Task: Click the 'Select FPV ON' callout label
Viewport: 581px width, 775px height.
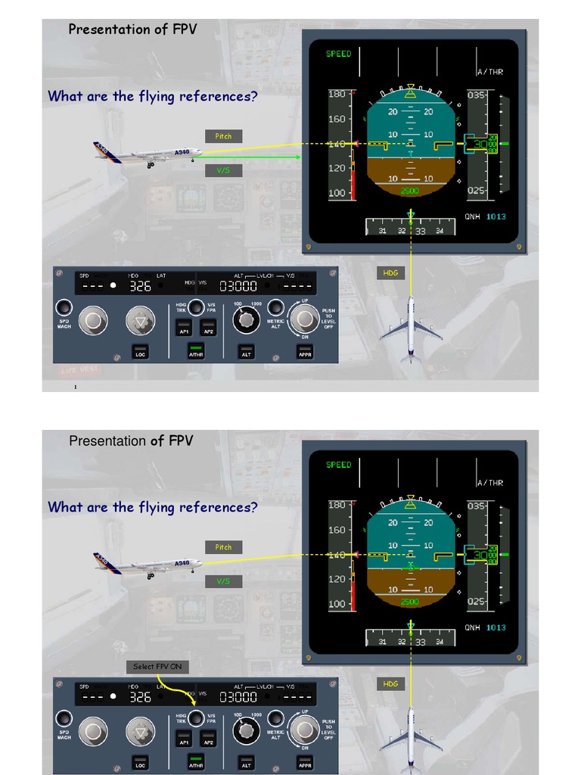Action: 157,666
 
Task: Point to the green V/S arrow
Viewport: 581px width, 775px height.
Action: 250,157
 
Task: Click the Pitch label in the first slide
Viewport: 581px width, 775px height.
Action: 223,136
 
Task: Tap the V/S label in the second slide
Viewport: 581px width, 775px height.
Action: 223,581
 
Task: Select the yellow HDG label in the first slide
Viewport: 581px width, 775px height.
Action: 390,272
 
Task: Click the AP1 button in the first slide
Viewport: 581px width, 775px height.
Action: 183,328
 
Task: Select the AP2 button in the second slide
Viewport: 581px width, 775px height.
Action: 209,739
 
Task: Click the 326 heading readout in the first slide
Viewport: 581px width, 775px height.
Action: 140,286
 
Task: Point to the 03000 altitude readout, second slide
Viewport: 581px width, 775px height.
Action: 238,697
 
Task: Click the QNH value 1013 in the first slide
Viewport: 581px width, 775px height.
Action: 496,216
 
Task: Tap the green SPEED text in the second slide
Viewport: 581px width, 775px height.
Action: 338,465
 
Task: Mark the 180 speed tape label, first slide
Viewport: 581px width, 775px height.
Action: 337,94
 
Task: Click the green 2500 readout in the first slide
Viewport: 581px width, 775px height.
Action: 409,191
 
